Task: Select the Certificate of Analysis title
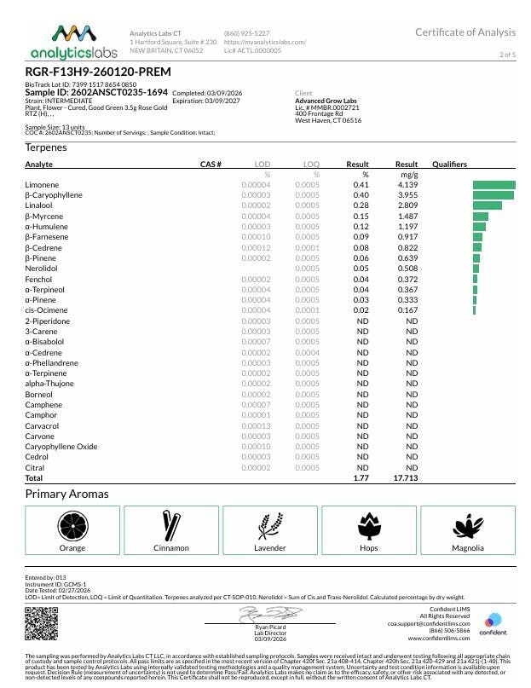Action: point(465,32)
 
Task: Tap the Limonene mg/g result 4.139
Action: point(407,185)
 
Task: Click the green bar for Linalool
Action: point(487,205)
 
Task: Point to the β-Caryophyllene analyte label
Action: point(54,195)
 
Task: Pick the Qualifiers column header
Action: point(450,164)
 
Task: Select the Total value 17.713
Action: point(405,479)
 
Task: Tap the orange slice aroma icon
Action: point(72,524)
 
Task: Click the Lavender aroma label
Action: point(270,547)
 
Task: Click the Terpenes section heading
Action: point(46,147)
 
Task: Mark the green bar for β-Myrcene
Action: point(480,217)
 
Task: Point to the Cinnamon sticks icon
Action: point(170,523)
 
